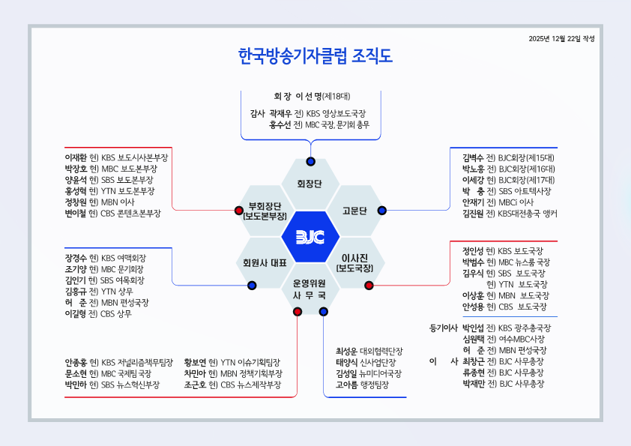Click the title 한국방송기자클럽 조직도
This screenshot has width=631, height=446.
coord(315,57)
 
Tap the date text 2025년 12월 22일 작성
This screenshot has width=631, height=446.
coord(561,38)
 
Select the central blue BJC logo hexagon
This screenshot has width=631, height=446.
coord(310,237)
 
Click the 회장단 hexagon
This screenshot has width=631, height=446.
coord(310,184)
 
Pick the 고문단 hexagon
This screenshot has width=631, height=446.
coord(354,211)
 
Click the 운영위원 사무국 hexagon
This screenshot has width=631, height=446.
coord(310,289)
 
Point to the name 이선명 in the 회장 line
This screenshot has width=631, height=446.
coord(308,96)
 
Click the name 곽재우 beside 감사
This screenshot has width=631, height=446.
coord(280,113)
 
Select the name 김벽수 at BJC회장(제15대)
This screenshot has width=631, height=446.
coord(473,158)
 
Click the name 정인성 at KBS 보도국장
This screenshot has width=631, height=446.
coord(473,250)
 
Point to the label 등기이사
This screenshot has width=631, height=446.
coord(444,328)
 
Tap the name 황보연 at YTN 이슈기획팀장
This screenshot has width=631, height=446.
coord(195,362)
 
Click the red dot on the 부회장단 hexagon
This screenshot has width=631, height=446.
coord(239,210)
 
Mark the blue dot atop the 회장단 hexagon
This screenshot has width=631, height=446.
coord(310,162)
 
